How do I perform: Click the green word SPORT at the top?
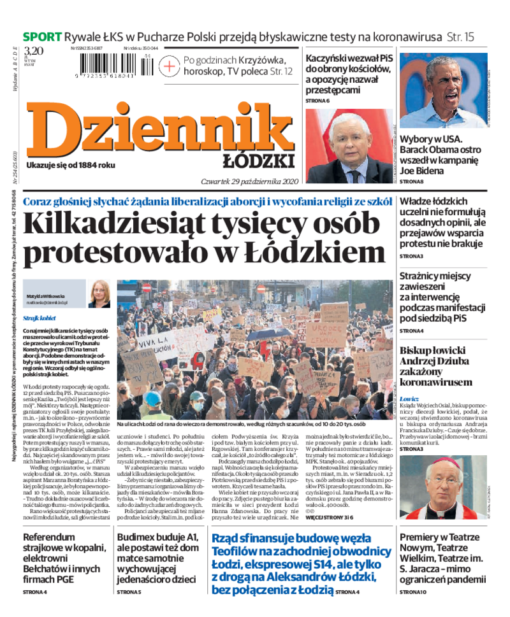coord(42,37)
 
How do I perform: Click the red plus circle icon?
coord(169,66)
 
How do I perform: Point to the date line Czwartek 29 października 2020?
coord(249,180)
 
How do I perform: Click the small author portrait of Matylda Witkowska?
coord(99,294)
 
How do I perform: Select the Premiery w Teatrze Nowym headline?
coord(442,557)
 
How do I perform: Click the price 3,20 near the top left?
coord(34,51)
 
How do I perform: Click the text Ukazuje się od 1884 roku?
coord(71,166)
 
